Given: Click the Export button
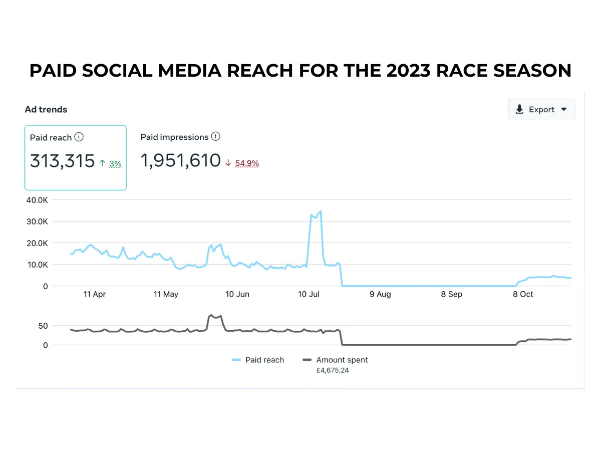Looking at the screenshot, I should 541,109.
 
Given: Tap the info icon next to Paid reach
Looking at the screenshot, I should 79,137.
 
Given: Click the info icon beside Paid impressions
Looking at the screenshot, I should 215,136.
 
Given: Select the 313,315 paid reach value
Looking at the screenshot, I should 62,161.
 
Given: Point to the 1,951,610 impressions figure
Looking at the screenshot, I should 180,161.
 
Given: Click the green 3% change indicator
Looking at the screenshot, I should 115,163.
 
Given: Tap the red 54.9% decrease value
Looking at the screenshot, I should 246,163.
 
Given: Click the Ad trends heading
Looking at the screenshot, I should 46,109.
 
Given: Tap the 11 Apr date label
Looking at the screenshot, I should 94,294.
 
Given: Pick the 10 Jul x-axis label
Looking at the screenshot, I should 309,294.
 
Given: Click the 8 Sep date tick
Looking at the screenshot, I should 451,294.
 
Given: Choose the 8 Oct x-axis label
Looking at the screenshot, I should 523,294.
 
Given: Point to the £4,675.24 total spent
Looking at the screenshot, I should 333,371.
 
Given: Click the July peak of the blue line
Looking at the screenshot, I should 320,211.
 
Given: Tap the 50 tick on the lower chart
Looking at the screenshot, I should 43,326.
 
